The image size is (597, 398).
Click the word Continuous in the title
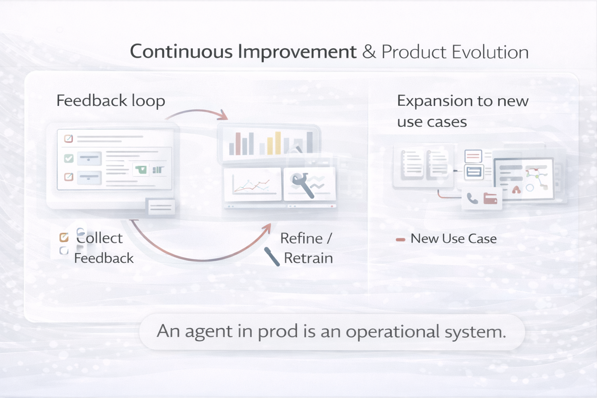[x=181, y=52]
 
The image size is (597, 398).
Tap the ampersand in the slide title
[x=369, y=52]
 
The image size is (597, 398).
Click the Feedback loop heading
[x=111, y=101]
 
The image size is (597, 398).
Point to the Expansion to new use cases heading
[x=462, y=111]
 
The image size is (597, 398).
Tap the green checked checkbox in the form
[x=69, y=158]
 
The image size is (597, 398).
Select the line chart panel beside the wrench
[x=253, y=184]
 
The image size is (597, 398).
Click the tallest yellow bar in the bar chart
[x=278, y=142]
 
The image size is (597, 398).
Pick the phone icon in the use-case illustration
[x=472, y=199]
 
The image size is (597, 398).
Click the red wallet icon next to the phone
[x=490, y=198]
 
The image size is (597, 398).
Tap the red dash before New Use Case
[x=400, y=239]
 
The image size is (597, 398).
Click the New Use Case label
[x=453, y=239]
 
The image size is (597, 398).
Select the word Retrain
[x=308, y=258]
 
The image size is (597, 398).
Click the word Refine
[x=301, y=238]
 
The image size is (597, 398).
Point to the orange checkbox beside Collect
[x=64, y=237]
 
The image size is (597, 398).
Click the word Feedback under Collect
[x=104, y=258]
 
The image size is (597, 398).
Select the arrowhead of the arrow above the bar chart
[x=224, y=115]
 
